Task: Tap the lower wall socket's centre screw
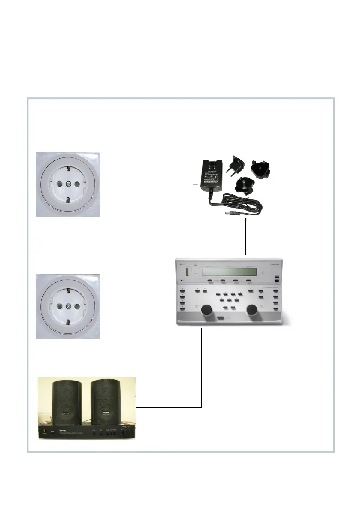pos(68,307)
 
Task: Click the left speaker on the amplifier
pos(67,403)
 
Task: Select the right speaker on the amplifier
pos(105,403)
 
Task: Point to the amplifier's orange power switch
pos(43,430)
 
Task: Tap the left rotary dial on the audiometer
pos(207,310)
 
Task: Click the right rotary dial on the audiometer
pos(254,310)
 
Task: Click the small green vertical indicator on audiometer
pos(187,272)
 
